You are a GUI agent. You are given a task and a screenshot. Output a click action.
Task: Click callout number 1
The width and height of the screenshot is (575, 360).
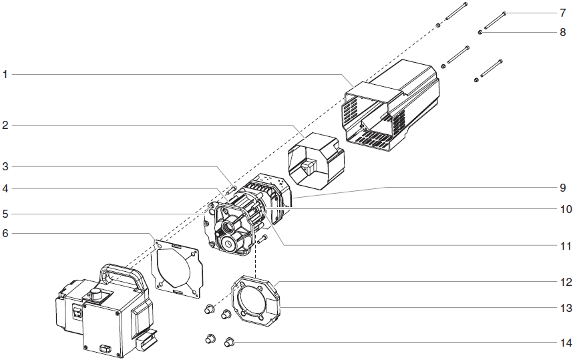pos(5,75)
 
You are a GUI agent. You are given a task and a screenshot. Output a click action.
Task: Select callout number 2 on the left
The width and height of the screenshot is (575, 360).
pos(5,125)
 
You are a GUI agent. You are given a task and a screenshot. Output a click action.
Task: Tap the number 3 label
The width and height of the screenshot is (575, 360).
pos(5,166)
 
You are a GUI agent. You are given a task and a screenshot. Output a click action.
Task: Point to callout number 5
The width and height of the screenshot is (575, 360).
pos(5,214)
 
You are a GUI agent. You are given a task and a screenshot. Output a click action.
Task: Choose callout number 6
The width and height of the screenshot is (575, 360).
pos(5,233)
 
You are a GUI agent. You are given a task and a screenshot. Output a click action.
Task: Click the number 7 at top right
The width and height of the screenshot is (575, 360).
pos(563,13)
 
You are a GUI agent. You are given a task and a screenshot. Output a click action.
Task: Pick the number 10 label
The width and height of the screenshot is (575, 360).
pos(566,208)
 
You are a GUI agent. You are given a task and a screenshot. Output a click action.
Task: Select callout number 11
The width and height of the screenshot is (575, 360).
pos(566,246)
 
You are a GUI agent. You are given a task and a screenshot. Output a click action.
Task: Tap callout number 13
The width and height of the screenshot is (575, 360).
pos(566,308)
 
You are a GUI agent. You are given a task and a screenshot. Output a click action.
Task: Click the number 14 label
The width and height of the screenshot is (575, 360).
pos(566,343)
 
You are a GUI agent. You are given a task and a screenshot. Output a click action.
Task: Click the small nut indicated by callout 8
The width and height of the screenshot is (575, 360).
pos(481,31)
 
